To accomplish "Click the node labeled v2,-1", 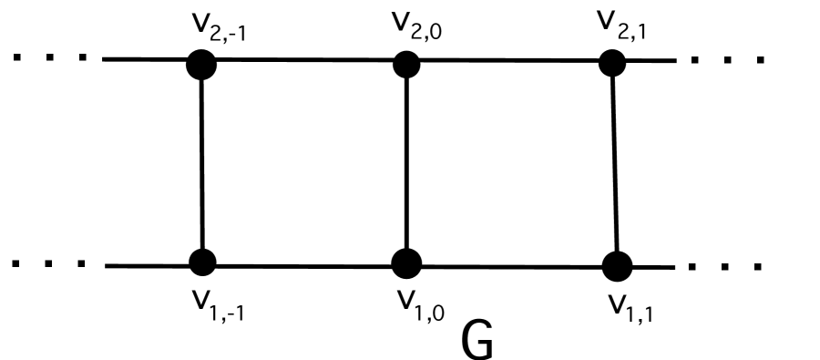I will pyautogui.click(x=200, y=64).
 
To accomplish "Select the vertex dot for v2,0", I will pyautogui.click(x=405, y=64).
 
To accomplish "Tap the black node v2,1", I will pyautogui.click(x=611, y=63).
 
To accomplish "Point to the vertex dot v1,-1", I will pyautogui.click(x=201, y=262).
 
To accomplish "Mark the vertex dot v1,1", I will pyautogui.click(x=617, y=266).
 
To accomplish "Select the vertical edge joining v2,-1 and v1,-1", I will pyautogui.click(x=200, y=164).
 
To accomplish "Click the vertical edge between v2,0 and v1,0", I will pyautogui.click(x=405, y=164).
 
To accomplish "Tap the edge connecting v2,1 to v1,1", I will pyautogui.click(x=614, y=164).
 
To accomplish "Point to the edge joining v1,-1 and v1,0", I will pyautogui.click(x=303, y=265).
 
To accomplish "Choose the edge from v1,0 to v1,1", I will pyautogui.click(x=511, y=266).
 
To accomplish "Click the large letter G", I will pyautogui.click(x=478, y=341).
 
